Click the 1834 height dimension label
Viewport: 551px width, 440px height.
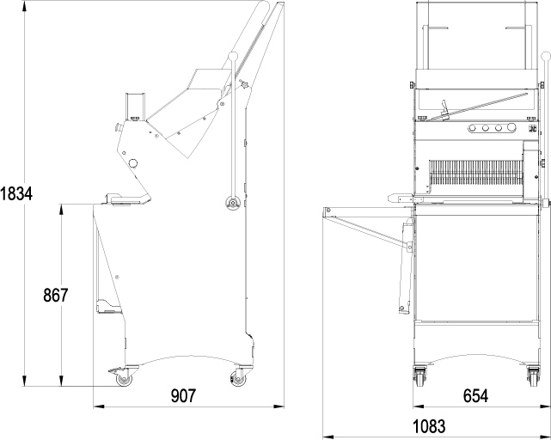pos(16,193)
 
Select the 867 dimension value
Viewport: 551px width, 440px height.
pos(55,296)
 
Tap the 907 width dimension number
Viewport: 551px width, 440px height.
pos(183,395)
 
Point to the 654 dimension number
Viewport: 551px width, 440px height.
pos(475,395)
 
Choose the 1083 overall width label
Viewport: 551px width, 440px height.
pos(429,426)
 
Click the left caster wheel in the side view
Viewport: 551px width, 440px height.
pos(124,380)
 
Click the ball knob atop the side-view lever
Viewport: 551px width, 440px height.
pos(233,56)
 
